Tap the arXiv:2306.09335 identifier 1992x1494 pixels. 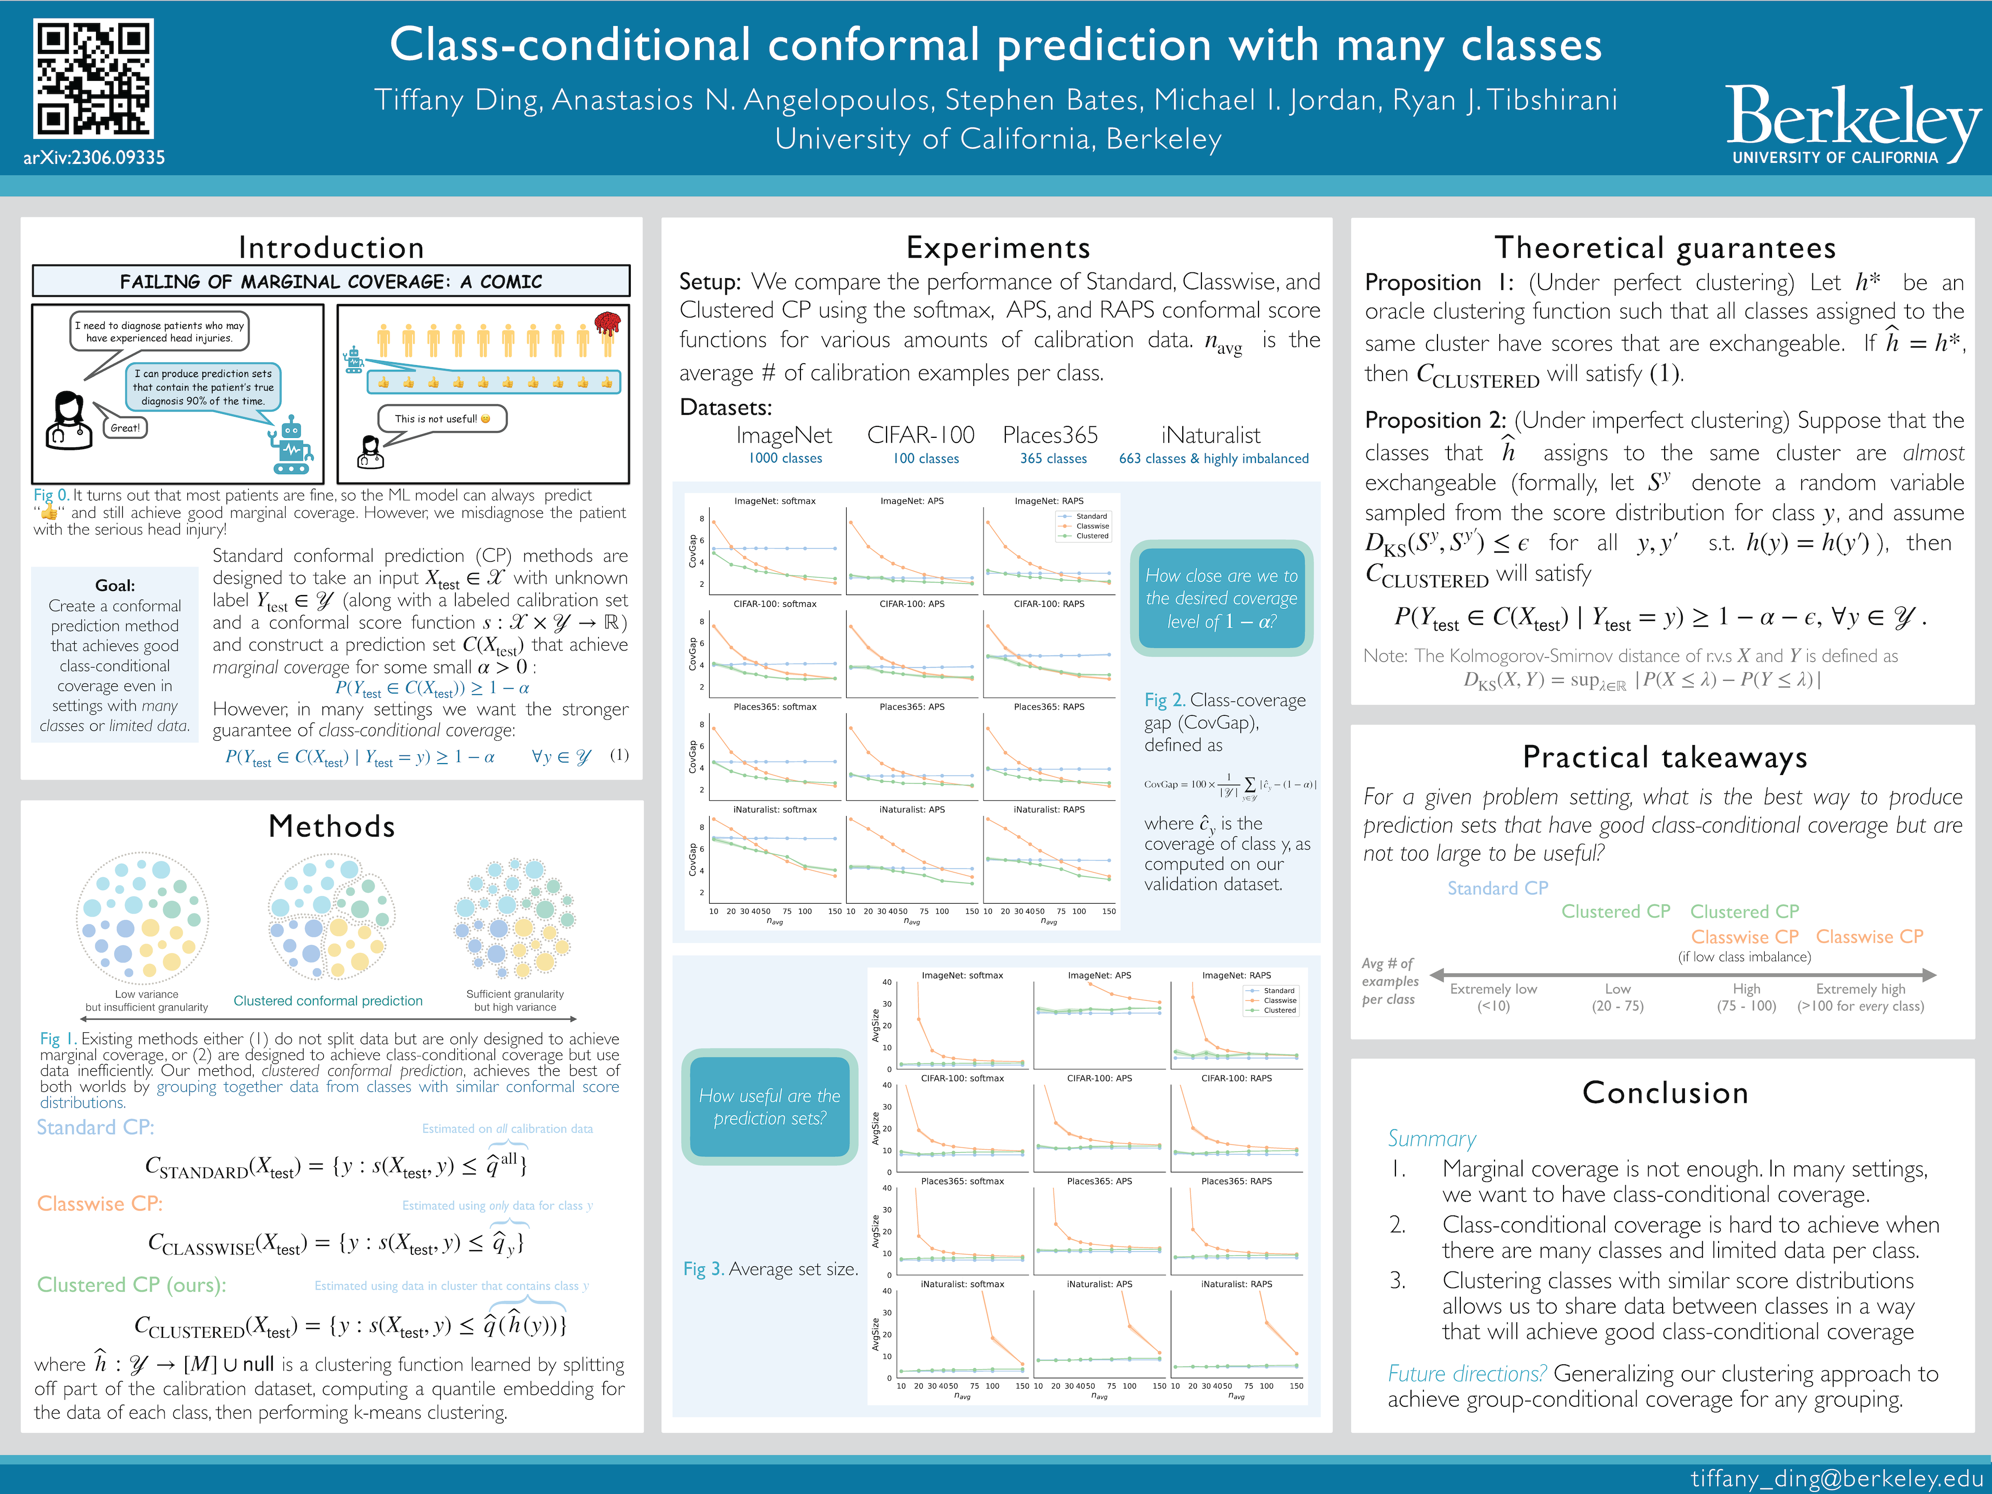point(94,158)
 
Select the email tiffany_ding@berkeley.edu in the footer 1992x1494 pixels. point(1836,1478)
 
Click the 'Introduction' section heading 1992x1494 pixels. point(330,247)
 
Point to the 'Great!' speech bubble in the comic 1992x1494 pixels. point(125,428)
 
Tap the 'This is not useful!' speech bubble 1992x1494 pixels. point(441,419)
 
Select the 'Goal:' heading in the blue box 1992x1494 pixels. point(115,585)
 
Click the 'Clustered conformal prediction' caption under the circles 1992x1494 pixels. point(328,1001)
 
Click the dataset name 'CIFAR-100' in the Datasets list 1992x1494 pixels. point(920,436)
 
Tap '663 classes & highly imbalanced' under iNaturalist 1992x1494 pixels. point(1213,459)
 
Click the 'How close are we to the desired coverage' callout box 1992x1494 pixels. point(1221,598)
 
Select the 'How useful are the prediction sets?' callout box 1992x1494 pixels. point(769,1107)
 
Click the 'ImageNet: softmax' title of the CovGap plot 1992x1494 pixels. point(774,501)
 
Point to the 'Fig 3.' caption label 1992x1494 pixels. point(702,1269)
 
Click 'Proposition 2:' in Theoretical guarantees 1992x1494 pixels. point(1435,421)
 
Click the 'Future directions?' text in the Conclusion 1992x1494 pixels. point(1466,1373)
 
